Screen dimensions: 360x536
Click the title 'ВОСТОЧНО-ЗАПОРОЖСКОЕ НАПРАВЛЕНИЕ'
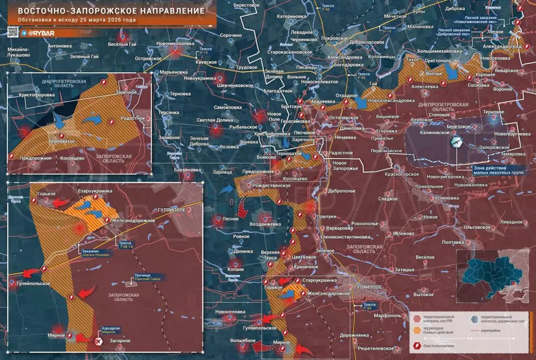click(107, 10)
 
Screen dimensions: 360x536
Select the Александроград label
click(502, 46)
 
